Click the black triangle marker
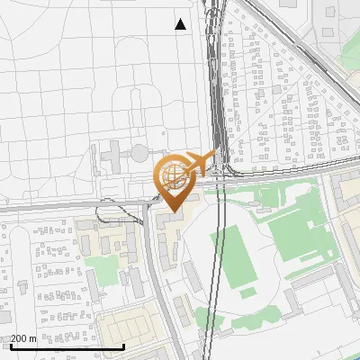tap(181, 24)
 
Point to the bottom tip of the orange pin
tap(172, 212)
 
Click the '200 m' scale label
tap(23, 338)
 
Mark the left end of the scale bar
tap(11, 346)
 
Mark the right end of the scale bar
tap(122, 346)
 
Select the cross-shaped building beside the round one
tap(115, 158)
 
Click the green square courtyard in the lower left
tap(103, 267)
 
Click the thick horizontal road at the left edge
tap(27, 208)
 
